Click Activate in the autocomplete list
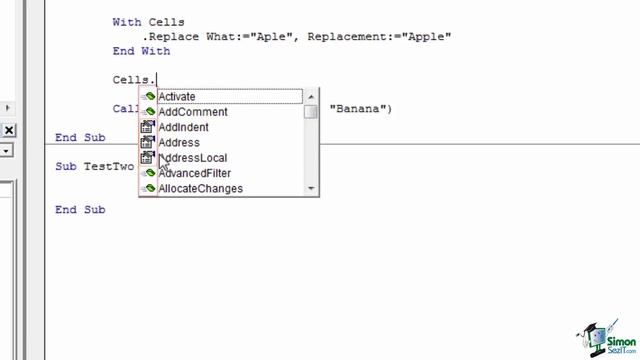coord(177,97)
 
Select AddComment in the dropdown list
coord(192,112)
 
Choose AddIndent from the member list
coord(183,127)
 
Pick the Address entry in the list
coord(178,143)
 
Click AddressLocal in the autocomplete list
coord(192,158)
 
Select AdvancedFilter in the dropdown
coord(194,173)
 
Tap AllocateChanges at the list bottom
coord(200,188)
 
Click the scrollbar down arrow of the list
coord(312,188)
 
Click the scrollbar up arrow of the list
coord(312,96)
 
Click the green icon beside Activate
coord(147,97)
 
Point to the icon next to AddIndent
coord(147,127)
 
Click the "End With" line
coord(141,51)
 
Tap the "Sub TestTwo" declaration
coord(94,167)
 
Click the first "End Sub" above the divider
coord(80,138)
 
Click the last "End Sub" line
coord(80,210)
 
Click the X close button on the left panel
coord(8,130)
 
